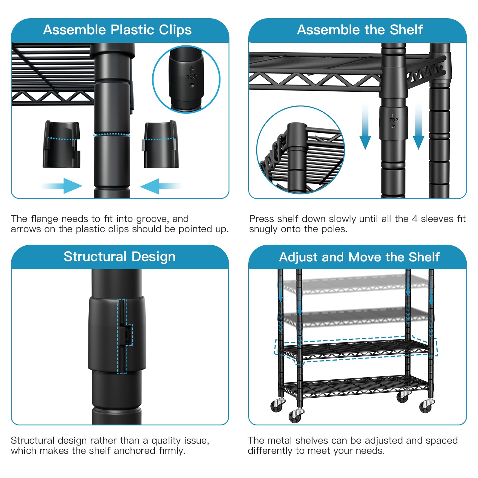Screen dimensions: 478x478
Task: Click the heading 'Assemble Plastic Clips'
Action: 117,30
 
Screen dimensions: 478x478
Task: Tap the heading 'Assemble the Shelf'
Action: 360,30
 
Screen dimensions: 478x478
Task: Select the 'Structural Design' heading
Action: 119,257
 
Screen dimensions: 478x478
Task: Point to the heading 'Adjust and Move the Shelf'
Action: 359,257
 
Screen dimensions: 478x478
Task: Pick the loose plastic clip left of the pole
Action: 62,144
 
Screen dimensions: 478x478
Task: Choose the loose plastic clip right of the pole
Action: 161,144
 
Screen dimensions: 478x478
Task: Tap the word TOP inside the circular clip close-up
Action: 191,77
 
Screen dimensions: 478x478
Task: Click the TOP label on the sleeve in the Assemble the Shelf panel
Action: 393,120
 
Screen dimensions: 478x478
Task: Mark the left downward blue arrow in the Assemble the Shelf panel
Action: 365,125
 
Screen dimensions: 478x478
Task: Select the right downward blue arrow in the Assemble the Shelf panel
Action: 419,125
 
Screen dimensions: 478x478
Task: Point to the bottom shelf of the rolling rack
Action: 355,387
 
